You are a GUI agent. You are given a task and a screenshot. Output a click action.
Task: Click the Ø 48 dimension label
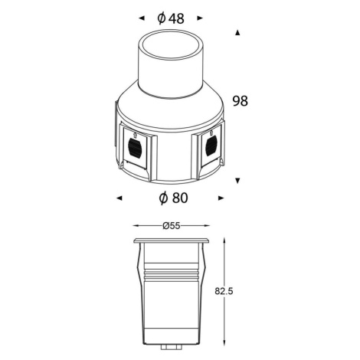171,18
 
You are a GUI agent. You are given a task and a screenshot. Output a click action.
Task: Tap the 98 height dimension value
240,101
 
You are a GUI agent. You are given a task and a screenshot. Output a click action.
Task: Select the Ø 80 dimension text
173,198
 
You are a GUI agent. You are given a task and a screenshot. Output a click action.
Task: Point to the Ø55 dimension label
172,226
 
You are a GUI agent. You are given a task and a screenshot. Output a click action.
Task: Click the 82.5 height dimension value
224,291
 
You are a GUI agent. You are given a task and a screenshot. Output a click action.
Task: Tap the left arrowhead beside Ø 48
142,18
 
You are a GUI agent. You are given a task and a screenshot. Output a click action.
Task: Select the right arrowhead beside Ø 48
200,18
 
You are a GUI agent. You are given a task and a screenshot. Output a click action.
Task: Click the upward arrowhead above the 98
237,33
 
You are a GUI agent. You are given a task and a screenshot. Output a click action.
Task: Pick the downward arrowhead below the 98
237,181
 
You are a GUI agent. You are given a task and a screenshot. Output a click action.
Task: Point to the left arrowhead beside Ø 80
119,198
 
